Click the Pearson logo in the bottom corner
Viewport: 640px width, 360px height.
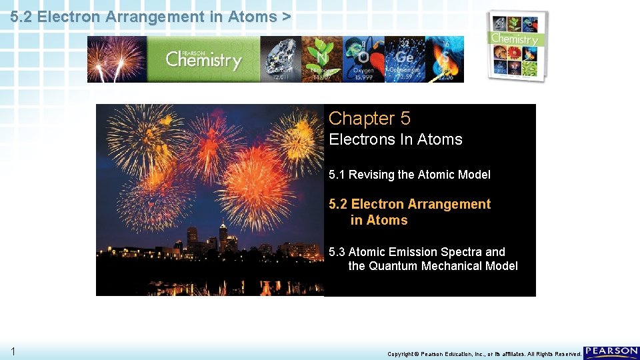(611, 352)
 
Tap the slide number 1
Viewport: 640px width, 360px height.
(13, 351)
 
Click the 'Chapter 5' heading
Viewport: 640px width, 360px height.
(369, 119)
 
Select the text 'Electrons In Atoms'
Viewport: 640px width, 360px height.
(395, 139)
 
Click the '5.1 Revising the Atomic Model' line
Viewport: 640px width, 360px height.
(409, 175)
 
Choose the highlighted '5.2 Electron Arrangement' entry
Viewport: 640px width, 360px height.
(409, 204)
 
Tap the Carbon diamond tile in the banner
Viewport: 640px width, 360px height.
(280, 59)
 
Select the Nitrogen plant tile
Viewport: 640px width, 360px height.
(321, 59)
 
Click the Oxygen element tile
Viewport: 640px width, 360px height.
(363, 59)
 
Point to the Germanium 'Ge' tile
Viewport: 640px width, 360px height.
(405, 59)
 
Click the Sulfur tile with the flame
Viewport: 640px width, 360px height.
(445, 59)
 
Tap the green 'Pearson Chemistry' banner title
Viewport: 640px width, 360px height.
(203, 60)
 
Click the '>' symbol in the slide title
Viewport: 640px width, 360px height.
(286, 17)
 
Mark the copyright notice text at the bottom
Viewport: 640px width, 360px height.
(483, 354)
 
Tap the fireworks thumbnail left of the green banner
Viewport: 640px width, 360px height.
(117, 59)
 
